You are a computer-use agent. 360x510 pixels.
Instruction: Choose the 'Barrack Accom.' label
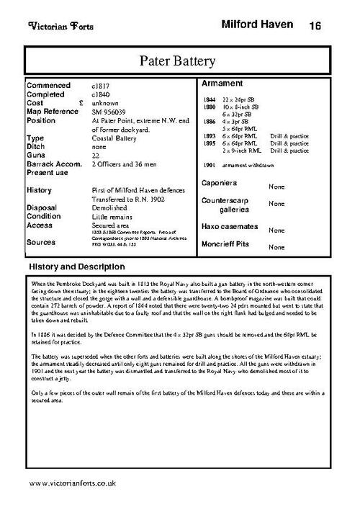click(55, 165)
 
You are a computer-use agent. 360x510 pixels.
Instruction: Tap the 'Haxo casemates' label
click(234, 226)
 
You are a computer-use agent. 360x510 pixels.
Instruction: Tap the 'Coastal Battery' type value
click(117, 138)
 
